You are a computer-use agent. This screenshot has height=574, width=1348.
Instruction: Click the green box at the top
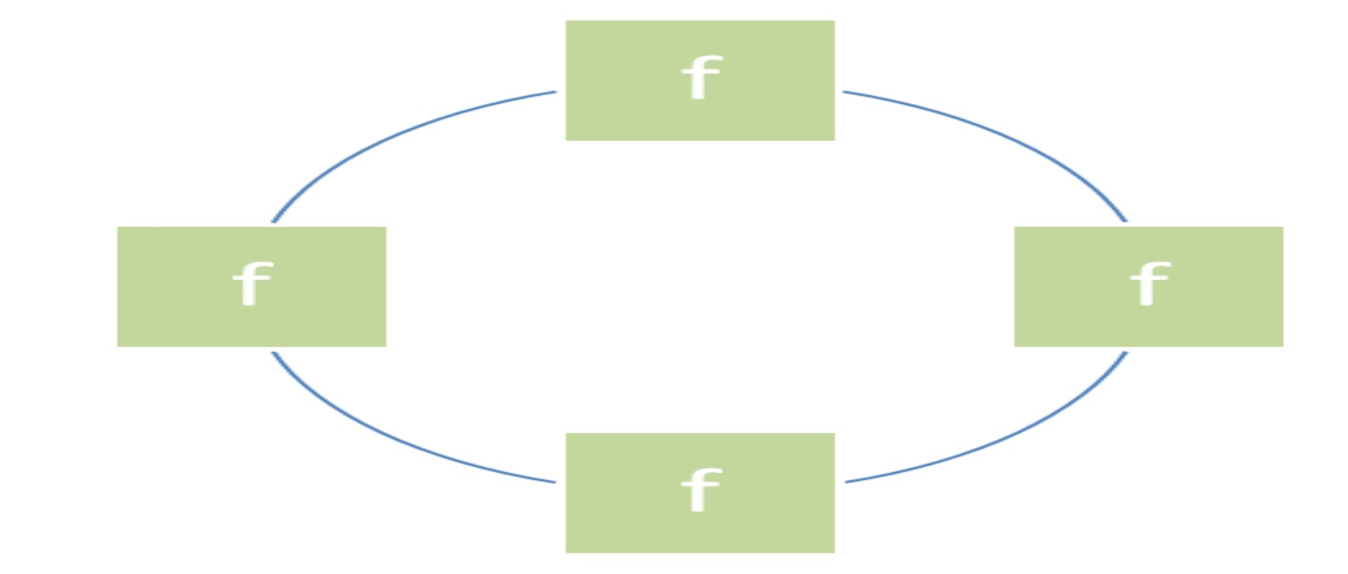(x=700, y=110)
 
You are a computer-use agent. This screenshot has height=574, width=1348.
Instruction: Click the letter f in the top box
(x=700, y=77)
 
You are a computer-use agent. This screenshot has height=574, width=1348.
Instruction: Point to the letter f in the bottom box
(x=700, y=490)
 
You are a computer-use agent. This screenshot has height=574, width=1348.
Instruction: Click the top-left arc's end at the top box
(x=555, y=92)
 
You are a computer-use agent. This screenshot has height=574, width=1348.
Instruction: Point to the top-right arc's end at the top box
(x=844, y=92)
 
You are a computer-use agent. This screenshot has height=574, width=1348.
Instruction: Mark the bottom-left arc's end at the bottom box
(x=555, y=482)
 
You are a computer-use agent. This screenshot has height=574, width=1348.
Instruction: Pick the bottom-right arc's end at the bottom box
(x=846, y=482)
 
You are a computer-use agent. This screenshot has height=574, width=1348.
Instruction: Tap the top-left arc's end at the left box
(x=273, y=222)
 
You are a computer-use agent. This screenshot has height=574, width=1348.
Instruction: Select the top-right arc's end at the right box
(x=1126, y=221)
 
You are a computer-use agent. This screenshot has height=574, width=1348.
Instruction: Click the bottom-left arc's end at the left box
(x=273, y=353)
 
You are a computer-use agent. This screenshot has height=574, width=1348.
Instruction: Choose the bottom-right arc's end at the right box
(x=1126, y=353)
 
